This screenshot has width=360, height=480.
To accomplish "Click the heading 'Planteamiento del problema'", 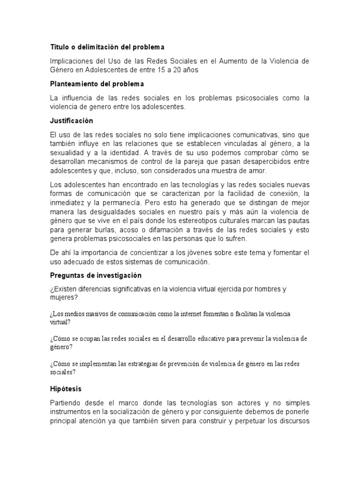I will click(x=97, y=84).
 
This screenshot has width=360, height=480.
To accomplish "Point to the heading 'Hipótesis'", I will click(x=66, y=389).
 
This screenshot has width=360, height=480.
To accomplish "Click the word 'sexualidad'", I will click(x=68, y=153).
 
